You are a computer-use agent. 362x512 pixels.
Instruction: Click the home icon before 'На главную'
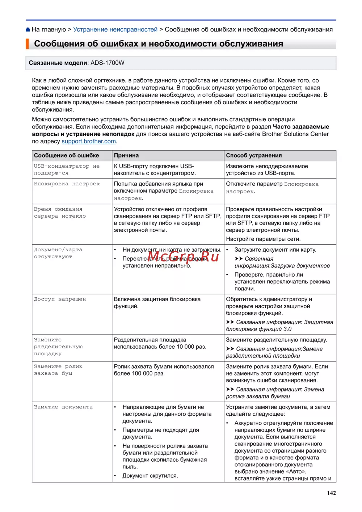click(x=28, y=30)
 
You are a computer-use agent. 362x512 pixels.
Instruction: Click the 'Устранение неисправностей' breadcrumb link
click(x=115, y=29)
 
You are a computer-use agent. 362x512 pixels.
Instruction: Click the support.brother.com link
click(x=89, y=141)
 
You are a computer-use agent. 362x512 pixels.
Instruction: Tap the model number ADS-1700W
click(x=107, y=63)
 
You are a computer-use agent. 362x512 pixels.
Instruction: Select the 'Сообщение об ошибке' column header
click(x=66, y=155)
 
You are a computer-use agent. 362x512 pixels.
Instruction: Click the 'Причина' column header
click(x=126, y=155)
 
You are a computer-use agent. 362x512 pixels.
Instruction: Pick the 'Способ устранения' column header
click(x=254, y=155)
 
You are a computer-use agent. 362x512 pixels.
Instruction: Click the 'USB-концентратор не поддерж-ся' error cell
click(x=67, y=169)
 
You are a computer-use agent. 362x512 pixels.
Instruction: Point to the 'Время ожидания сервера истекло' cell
click(x=60, y=213)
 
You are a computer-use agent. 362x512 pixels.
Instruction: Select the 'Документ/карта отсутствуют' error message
click(x=58, y=253)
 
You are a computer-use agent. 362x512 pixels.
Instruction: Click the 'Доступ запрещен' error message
click(x=60, y=299)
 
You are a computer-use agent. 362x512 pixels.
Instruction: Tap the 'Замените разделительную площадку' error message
click(x=58, y=347)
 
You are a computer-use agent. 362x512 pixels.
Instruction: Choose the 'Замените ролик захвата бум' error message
click(x=58, y=370)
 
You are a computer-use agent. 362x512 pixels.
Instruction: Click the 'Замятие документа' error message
click(x=63, y=407)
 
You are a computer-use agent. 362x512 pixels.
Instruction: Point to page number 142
click(x=331, y=493)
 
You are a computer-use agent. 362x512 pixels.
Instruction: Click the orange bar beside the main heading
click(x=27, y=44)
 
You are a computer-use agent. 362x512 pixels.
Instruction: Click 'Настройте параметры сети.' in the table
click(x=263, y=239)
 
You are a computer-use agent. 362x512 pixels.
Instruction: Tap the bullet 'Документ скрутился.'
click(x=150, y=475)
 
